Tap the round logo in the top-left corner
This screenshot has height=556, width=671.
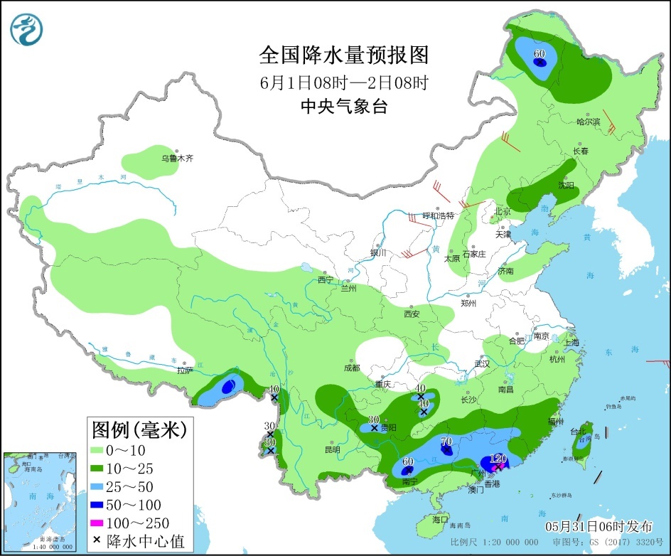(x=27, y=29)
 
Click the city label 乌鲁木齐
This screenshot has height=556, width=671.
(x=177, y=159)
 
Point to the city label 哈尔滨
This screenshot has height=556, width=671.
(x=588, y=122)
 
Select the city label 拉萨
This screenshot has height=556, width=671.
(x=185, y=370)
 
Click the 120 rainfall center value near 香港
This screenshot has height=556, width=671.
(x=498, y=459)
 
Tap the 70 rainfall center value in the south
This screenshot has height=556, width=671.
(x=446, y=442)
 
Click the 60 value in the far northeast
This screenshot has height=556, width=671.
(x=540, y=54)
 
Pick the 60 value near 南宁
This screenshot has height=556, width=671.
(x=407, y=461)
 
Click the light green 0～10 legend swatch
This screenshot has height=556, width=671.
(x=98, y=450)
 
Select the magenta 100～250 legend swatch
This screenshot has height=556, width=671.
(x=98, y=523)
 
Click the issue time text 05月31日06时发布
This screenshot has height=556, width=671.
(x=598, y=526)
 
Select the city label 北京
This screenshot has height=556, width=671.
(x=503, y=211)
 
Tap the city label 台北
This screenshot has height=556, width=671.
(x=578, y=431)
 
